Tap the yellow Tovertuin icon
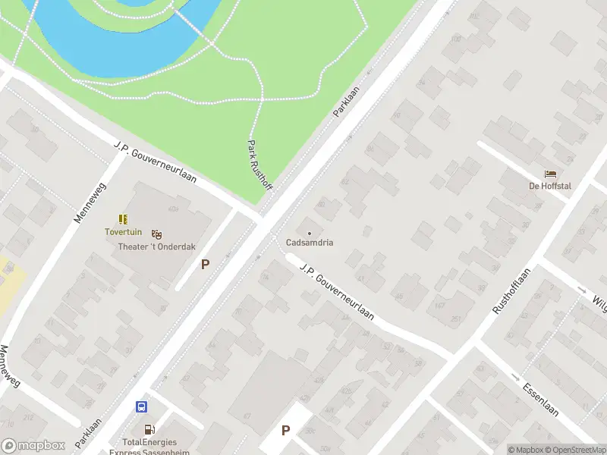pyautogui.click(x=123, y=219)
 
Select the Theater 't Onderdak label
pyautogui.click(x=156, y=246)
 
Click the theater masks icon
pyautogui.click(x=157, y=234)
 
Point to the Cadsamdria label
pyautogui.click(x=310, y=243)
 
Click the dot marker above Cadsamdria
pyautogui.click(x=310, y=232)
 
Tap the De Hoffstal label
pyautogui.click(x=550, y=186)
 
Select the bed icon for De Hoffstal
pyautogui.click(x=550, y=174)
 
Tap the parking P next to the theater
pyautogui.click(x=205, y=265)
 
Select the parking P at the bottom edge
pyautogui.click(x=286, y=430)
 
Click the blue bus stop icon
pyautogui.click(x=141, y=406)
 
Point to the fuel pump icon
pyautogui.click(x=148, y=429)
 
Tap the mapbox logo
pyautogui.click(x=32, y=446)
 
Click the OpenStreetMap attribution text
pyautogui.click(x=577, y=450)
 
